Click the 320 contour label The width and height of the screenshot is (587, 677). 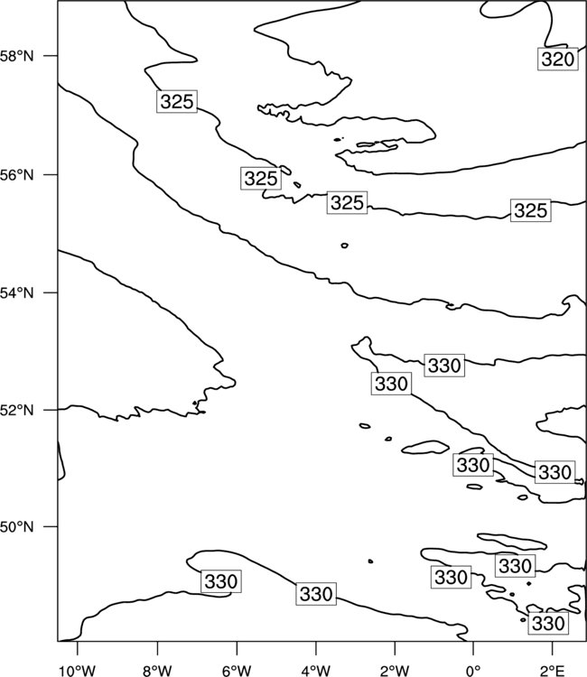[x=557, y=59]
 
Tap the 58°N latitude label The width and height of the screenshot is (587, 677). [x=16, y=56]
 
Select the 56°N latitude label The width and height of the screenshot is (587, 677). [x=16, y=175]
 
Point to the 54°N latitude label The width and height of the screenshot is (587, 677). [x=16, y=293]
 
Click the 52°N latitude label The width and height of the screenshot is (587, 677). [x=16, y=410]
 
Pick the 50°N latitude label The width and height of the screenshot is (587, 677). [x=16, y=527]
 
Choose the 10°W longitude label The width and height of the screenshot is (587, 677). [x=78, y=671]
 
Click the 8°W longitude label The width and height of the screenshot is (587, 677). [x=157, y=671]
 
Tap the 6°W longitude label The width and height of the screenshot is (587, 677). [x=237, y=671]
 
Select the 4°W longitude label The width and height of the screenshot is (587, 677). [x=316, y=671]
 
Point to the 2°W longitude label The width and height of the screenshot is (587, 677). [x=395, y=671]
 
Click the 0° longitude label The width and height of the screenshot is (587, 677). [x=473, y=671]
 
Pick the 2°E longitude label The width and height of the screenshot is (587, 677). [x=553, y=671]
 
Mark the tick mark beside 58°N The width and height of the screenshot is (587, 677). [x=50, y=56]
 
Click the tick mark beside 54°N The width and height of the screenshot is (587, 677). [x=50, y=292]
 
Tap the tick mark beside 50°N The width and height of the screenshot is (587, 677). [x=50, y=526]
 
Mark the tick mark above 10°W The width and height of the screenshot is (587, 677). [x=78, y=648]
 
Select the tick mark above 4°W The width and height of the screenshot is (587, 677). [x=316, y=648]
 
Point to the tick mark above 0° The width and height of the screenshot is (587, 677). [x=473, y=648]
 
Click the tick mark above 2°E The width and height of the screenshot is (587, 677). [x=553, y=648]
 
